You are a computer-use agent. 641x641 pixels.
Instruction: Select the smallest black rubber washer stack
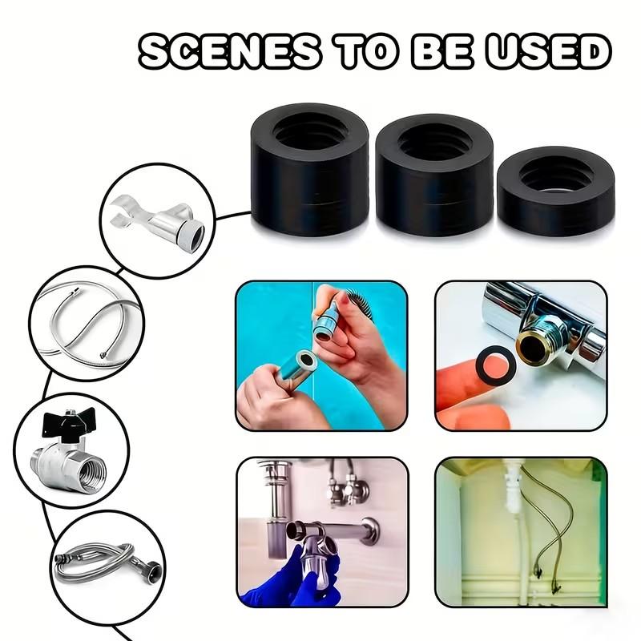point(554,191)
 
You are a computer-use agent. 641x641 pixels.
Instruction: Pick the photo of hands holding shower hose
point(321,355)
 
